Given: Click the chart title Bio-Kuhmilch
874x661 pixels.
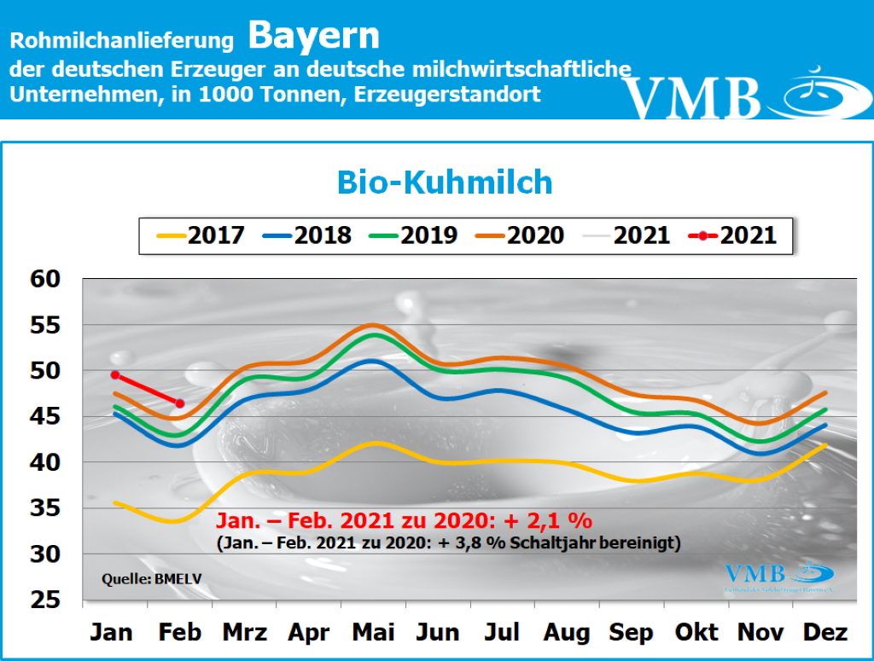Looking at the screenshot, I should pos(444,182).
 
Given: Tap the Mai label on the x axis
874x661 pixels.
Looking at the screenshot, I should pos(373,632).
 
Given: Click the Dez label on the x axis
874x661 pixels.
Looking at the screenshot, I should pos(826,632).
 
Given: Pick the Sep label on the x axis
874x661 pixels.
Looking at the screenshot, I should pos(632,632).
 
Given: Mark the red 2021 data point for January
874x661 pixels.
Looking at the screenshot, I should pos(114,374).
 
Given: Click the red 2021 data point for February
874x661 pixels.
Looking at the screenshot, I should pos(179,403).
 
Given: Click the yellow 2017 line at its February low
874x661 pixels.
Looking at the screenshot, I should pos(175,521).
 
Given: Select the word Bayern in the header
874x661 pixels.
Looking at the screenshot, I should pos(314,36).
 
